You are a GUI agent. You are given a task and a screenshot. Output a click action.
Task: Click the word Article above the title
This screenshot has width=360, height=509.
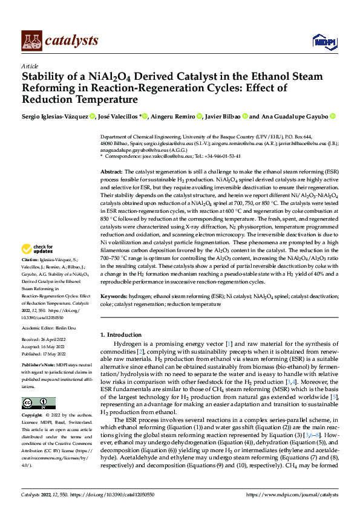[x=30, y=66]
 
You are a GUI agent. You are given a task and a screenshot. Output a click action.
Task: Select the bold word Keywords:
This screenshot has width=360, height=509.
[x=114, y=297]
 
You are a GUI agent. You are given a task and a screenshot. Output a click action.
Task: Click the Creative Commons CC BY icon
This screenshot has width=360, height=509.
[x=38, y=403]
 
